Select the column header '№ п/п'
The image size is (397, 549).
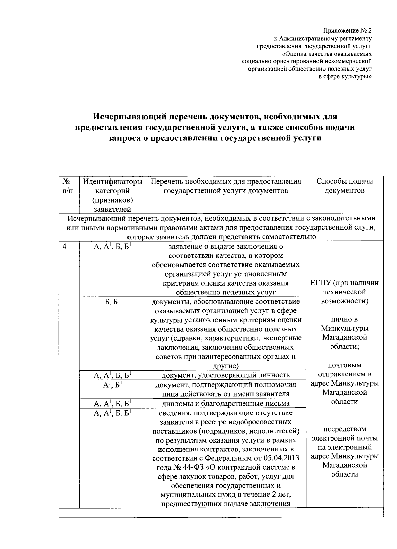[67, 186]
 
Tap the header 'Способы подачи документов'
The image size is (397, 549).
[344, 186]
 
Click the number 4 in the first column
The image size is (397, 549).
[65, 247]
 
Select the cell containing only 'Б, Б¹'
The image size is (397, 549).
[112, 302]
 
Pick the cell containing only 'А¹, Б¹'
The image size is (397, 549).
[112, 385]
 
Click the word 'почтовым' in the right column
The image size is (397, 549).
[344, 365]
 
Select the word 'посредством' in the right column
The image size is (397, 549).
[344, 429]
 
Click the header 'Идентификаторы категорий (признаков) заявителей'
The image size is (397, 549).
[112, 195]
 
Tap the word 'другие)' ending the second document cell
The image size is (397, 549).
[226, 366]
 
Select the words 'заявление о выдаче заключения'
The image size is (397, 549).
[226, 247]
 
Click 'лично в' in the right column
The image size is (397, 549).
[344, 320]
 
